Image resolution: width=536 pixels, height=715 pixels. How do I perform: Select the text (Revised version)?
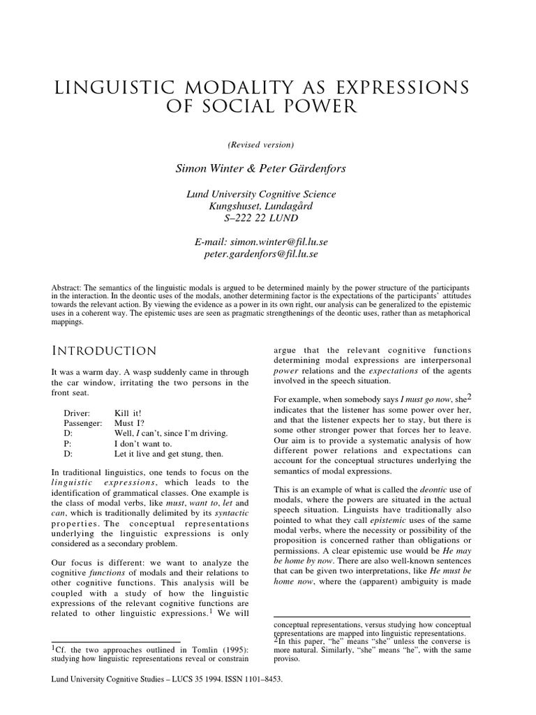[x=260, y=145]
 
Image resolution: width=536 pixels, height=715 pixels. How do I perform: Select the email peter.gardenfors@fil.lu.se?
[x=260, y=254]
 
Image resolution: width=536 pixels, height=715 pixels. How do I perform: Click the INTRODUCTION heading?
[x=104, y=351]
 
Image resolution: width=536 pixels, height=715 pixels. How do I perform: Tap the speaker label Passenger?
[x=83, y=424]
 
